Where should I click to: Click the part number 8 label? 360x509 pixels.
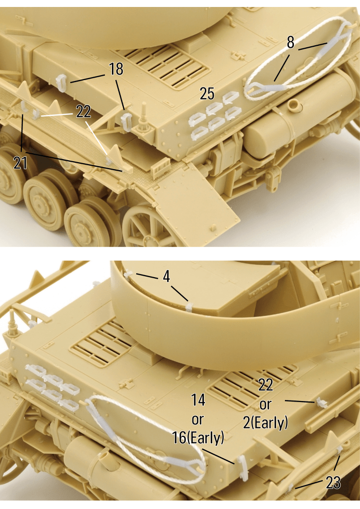tap(290, 42)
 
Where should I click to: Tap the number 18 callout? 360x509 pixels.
tap(116, 69)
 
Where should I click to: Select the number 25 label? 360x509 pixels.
tap(207, 94)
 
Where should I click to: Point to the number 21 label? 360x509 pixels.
tap(20, 162)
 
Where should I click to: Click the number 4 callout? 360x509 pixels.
tap(167, 277)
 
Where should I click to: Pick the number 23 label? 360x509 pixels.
tap(333, 483)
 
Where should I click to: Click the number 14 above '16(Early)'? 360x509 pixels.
tap(198, 400)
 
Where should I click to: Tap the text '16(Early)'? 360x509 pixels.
tap(198, 437)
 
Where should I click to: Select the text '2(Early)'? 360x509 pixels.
tap(266, 422)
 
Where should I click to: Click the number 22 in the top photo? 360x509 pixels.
tap(84, 112)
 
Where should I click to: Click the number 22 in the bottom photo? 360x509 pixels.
tap(266, 385)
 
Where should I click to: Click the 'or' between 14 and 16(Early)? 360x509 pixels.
tap(197, 420)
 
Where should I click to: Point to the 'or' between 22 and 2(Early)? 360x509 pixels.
tap(266, 405)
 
